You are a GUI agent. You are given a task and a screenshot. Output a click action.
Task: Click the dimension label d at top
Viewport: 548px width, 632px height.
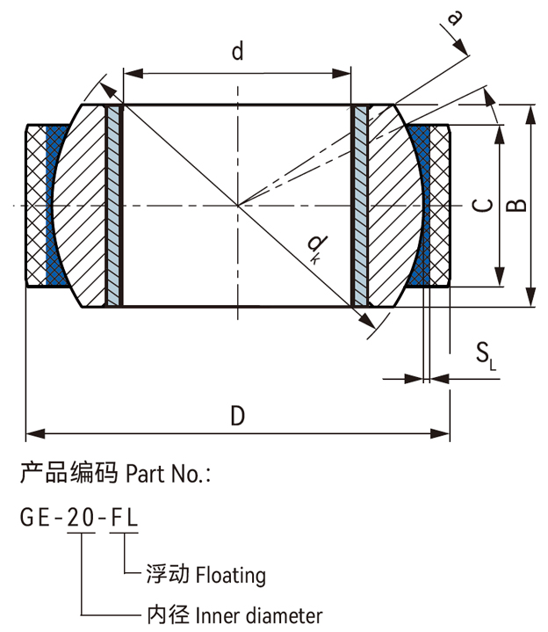[237, 52]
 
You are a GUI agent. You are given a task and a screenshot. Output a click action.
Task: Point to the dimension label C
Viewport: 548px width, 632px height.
[481, 206]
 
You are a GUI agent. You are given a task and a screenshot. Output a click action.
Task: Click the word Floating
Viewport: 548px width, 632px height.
[230, 576]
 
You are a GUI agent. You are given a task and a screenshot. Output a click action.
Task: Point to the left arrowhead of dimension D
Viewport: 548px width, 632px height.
[32, 432]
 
